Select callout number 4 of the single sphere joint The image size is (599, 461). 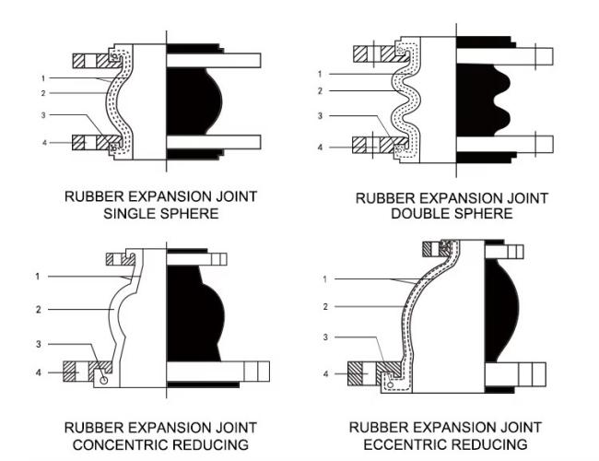(x=41, y=142)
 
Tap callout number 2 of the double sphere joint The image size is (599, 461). (x=320, y=90)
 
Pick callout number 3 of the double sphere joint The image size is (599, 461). (x=320, y=116)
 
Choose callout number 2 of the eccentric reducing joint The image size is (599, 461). (x=325, y=305)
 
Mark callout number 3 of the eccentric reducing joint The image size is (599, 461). (x=325, y=337)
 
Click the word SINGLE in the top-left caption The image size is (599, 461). (x=129, y=214)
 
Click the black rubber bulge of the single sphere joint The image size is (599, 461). (x=193, y=101)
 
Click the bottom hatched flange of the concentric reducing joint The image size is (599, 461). (x=77, y=372)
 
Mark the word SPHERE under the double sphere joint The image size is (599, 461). (x=486, y=214)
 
